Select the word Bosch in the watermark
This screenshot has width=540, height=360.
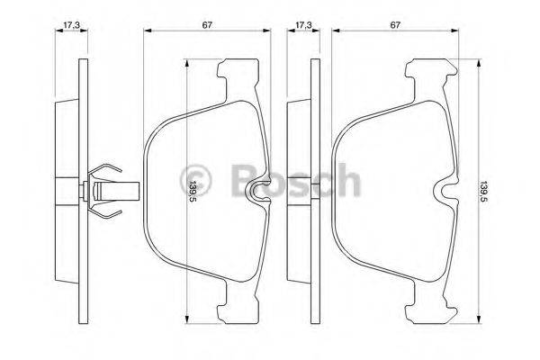[x=293, y=179]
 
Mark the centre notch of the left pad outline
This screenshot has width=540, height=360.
[x=258, y=190]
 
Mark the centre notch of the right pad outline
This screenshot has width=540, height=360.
[x=446, y=190]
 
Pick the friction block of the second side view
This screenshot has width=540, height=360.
[x=299, y=190]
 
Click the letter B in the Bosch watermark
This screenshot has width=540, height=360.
[x=244, y=179]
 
